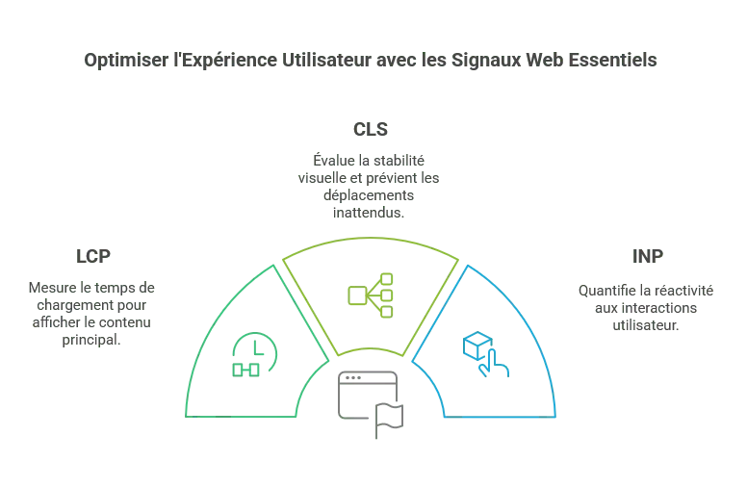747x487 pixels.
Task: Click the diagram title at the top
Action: pos(373,60)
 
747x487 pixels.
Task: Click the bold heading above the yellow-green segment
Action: pos(373,128)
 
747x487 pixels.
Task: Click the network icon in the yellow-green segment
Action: pos(373,295)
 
